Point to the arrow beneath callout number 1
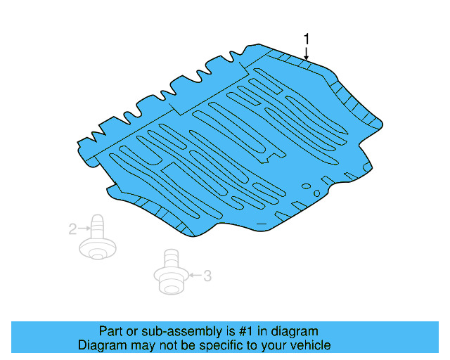[x=306, y=52]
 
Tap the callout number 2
[x=72, y=229]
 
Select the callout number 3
[x=207, y=276]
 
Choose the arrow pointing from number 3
[x=193, y=276]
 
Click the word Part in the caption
[x=111, y=331]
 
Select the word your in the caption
[x=277, y=345]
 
